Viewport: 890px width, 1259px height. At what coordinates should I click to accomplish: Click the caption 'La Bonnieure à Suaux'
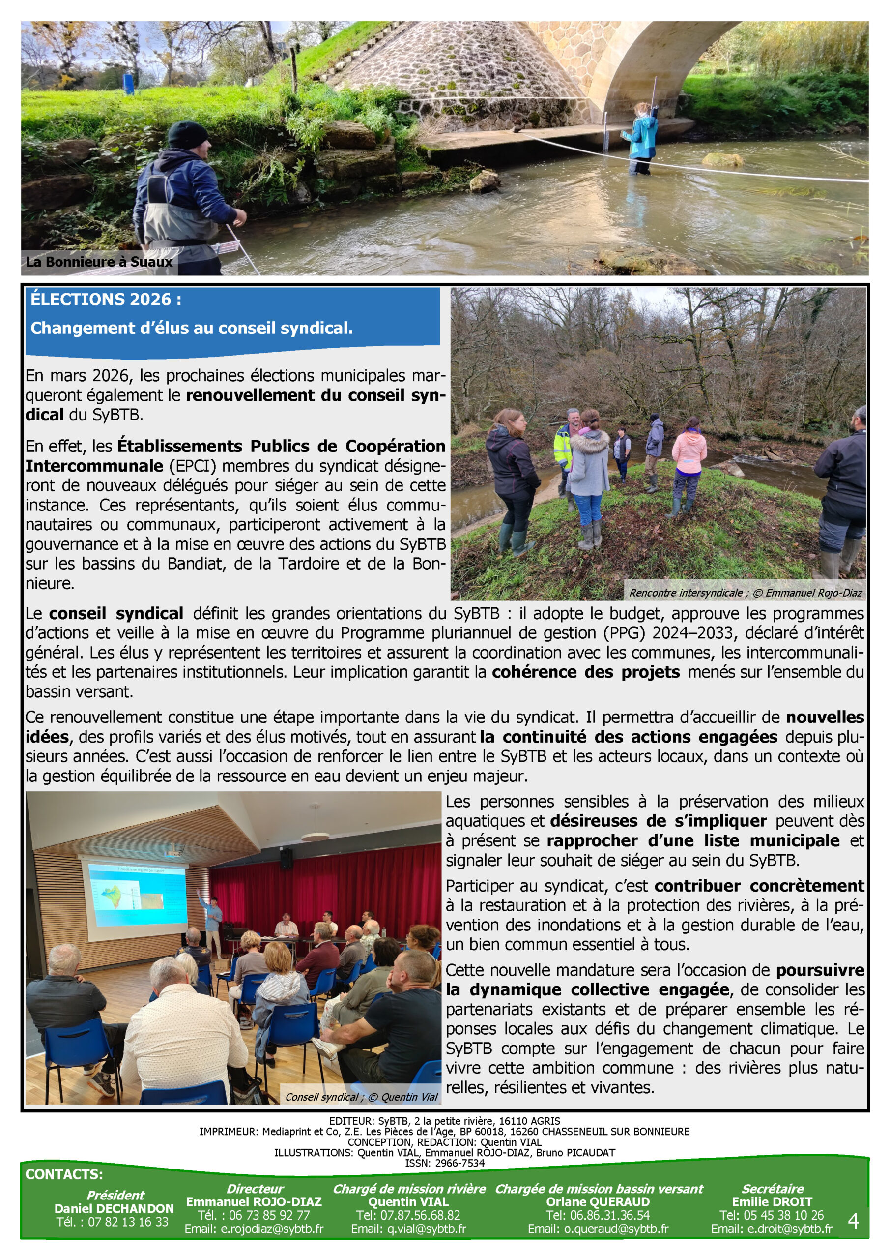(99, 262)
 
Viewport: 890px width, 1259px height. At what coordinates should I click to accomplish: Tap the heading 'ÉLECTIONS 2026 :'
(106, 300)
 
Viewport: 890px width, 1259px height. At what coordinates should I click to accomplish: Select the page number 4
(853, 1221)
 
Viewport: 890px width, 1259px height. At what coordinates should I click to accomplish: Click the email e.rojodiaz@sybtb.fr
(254, 1229)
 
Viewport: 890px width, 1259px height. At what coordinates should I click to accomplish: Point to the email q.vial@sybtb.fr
(408, 1229)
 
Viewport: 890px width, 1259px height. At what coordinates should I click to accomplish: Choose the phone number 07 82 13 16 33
(113, 1222)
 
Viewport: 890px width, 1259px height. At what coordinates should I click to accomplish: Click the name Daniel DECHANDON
(114, 1208)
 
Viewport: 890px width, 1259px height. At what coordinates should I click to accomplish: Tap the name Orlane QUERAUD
(598, 1202)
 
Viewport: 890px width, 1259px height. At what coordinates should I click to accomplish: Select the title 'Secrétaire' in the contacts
(772, 1189)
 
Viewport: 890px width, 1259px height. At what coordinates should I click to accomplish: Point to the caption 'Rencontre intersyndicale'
(685, 593)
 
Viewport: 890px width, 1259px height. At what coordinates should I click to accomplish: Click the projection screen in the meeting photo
(138, 898)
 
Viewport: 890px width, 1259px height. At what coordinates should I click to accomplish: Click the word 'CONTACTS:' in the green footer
(64, 1174)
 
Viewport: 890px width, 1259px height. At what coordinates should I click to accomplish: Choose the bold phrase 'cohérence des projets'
(586, 672)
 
